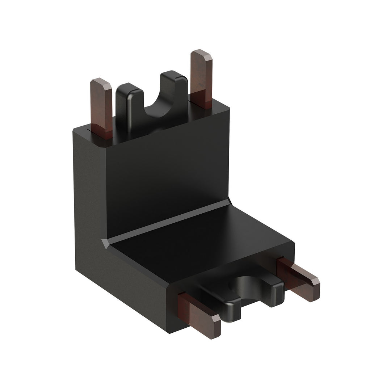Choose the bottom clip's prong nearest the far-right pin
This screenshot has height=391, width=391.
pos(275,286)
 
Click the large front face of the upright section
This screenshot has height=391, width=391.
pos(167,174)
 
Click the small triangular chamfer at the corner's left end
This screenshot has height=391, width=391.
pos(105,243)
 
